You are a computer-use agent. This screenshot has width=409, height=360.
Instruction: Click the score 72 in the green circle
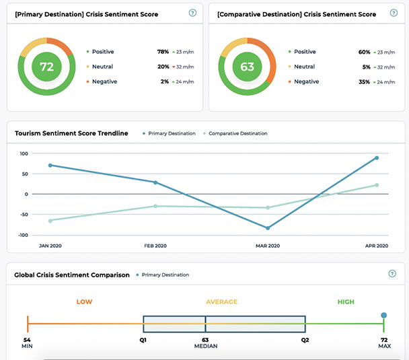click(46, 67)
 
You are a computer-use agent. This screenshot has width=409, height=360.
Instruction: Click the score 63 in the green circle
click(247, 67)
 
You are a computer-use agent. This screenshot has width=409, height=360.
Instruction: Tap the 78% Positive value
click(163, 52)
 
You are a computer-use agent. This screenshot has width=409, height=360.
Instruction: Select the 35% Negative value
click(364, 81)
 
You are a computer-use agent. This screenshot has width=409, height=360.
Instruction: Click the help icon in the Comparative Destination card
click(393, 13)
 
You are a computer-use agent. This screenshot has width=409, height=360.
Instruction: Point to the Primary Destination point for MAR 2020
click(268, 228)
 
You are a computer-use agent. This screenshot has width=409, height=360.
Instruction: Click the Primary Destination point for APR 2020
click(377, 158)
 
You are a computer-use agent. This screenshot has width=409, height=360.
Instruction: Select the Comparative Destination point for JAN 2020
click(50, 220)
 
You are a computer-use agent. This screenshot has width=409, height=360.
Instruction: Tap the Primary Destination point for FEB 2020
click(155, 182)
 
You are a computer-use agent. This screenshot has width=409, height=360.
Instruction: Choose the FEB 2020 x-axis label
click(155, 246)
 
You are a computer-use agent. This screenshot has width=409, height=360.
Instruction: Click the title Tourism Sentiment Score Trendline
click(71, 133)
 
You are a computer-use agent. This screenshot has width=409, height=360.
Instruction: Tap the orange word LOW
click(84, 301)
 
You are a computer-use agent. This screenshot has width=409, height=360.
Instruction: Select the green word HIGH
click(346, 301)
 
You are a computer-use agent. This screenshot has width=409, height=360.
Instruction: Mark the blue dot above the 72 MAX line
click(383, 315)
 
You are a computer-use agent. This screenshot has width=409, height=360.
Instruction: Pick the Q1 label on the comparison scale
click(143, 340)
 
